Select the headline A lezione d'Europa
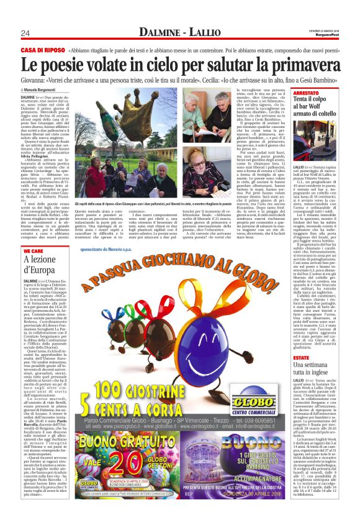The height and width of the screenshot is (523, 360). point(43,265)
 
